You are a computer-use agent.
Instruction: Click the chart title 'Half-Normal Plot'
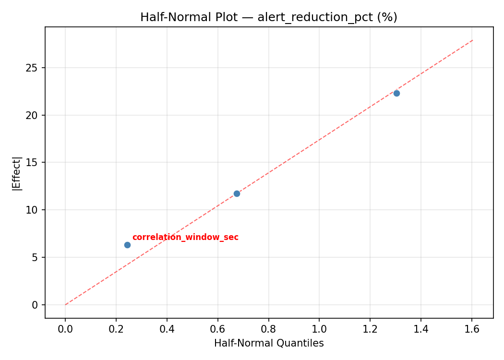pos(268,17)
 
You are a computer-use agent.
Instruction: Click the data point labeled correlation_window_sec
pos(127,245)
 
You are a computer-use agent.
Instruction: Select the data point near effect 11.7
pos(237,193)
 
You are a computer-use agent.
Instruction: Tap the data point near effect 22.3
pos(396,93)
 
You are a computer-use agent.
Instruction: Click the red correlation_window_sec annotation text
pos(185,237)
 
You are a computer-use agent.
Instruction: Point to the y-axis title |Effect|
pos(17,173)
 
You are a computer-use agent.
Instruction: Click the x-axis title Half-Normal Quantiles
pos(269,343)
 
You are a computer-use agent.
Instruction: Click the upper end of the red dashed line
pos(473,40)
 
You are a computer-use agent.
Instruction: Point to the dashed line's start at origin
pos(65,305)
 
